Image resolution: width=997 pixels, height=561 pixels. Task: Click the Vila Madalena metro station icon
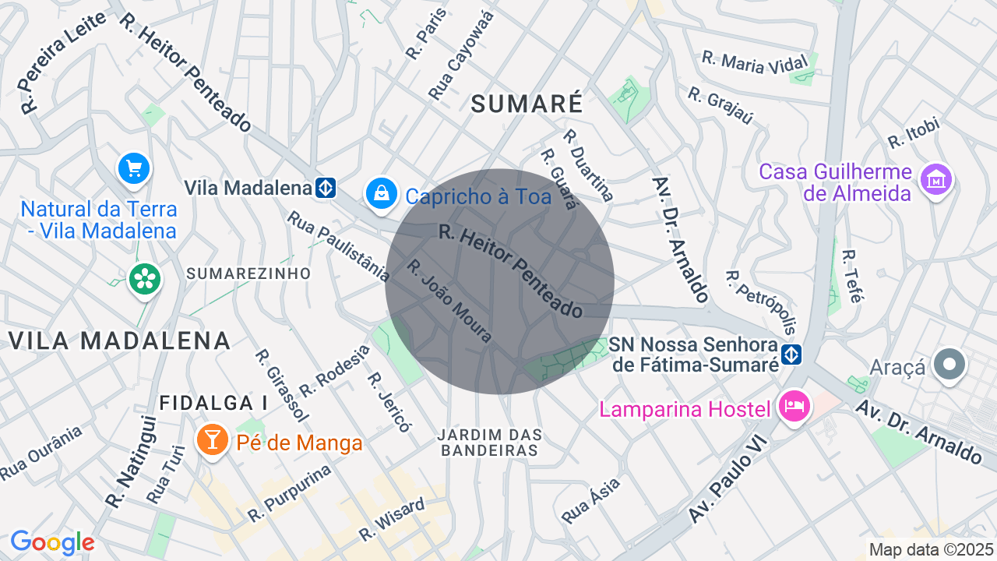coord(326,188)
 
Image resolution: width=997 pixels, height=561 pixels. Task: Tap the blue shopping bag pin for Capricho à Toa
coord(381,193)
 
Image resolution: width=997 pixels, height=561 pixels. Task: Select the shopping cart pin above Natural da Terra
coord(134,168)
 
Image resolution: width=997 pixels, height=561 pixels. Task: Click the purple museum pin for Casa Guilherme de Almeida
coord(935,179)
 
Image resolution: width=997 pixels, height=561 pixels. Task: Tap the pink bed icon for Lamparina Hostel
coord(795,407)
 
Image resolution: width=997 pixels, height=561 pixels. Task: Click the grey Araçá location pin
coord(949,365)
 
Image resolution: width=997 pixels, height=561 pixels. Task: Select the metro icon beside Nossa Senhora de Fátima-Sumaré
coord(791,354)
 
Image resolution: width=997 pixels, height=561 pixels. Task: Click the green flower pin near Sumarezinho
coord(145,278)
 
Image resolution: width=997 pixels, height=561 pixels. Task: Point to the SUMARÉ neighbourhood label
coord(527,104)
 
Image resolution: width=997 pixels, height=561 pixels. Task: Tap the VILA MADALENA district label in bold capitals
coord(120,340)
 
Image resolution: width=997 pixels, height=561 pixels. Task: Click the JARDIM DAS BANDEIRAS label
coord(490,442)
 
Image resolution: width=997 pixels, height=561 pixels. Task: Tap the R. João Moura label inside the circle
coord(449,301)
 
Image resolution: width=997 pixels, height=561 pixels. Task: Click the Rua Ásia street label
coord(591,499)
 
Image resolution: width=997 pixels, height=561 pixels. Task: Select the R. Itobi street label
coord(914,132)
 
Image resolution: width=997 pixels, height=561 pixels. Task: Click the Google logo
coord(52,542)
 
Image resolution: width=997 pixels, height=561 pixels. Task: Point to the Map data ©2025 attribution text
coord(932,549)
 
